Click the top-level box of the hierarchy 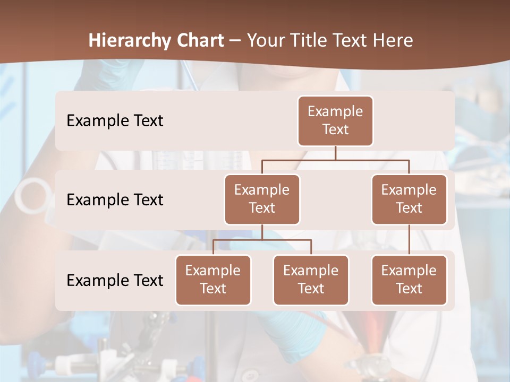335,120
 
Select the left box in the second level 262,199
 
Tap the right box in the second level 409,199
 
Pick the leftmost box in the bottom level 213,280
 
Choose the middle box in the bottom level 311,280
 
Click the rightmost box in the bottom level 409,280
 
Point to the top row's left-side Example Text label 115,120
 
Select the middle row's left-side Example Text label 115,199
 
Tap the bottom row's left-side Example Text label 115,280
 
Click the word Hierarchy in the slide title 130,40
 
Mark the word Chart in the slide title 199,40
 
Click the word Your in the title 266,40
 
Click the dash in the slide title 235,41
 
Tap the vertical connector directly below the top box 335,153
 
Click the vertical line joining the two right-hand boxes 409,240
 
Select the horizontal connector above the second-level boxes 335,160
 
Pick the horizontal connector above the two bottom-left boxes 262,240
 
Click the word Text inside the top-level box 335,129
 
